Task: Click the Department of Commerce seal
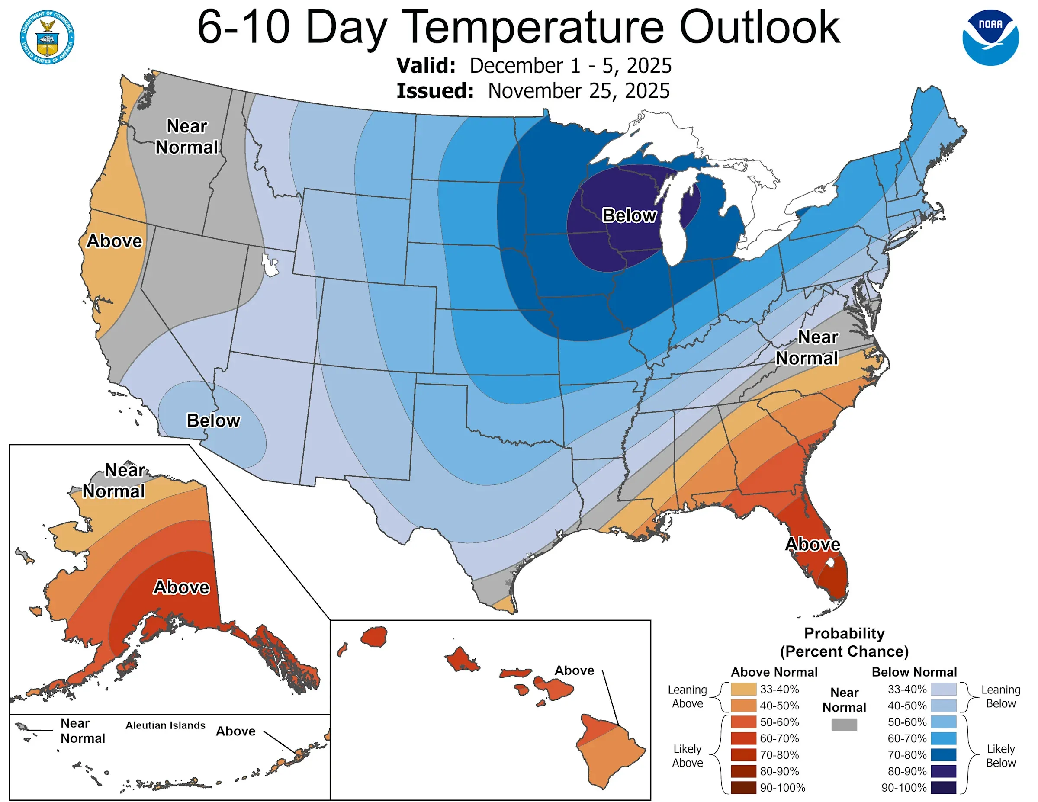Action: click(47, 38)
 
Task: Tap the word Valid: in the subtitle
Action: click(426, 66)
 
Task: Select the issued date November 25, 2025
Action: click(578, 91)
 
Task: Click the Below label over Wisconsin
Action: click(629, 215)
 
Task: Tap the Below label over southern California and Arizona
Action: click(213, 420)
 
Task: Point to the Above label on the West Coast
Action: click(114, 241)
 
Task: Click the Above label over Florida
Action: click(812, 544)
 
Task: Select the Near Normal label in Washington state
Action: click(187, 137)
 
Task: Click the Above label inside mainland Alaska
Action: click(181, 587)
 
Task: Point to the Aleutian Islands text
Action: click(165, 725)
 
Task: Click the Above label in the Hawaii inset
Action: click(574, 670)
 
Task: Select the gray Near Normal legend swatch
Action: click(844, 725)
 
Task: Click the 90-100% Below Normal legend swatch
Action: click(943, 787)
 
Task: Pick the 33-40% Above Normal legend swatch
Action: click(743, 689)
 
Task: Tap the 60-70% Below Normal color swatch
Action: click(943, 738)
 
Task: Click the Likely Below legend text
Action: click(1000, 755)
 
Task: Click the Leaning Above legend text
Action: click(687, 696)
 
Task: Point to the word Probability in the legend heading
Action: click(844, 633)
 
